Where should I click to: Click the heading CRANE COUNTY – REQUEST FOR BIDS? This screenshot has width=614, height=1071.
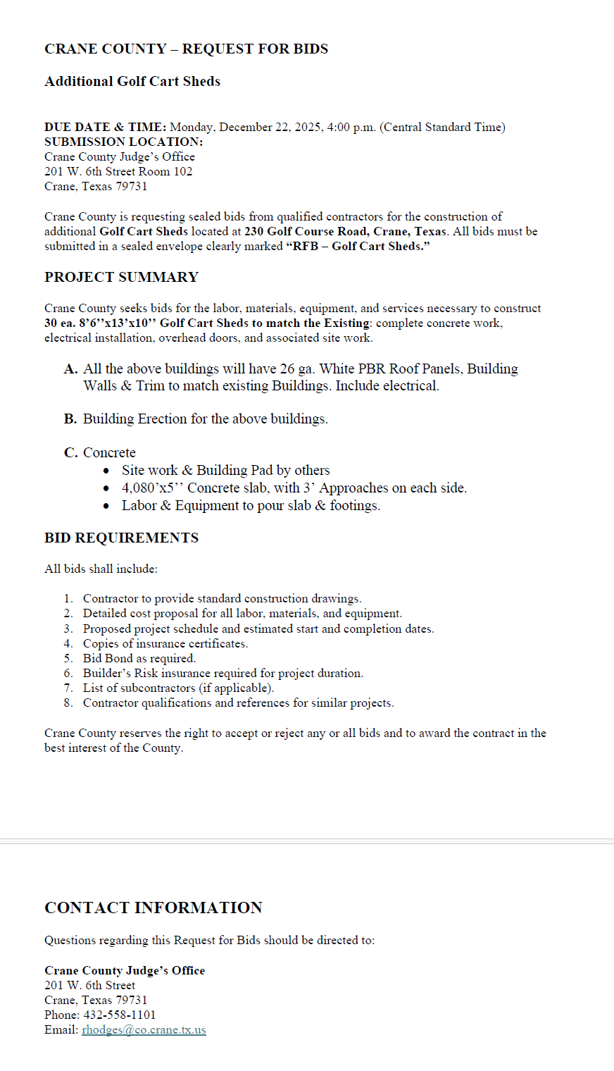[186, 49]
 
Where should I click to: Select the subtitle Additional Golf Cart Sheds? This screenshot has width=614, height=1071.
[132, 81]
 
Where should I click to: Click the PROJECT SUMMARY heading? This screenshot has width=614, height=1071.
[121, 277]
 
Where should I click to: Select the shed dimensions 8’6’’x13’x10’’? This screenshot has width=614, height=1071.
[116, 323]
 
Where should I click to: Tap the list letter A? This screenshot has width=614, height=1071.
[70, 369]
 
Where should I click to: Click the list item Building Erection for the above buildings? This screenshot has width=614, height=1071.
[205, 419]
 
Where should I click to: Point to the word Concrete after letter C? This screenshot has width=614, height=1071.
[109, 452]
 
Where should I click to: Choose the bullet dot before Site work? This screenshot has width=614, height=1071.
[106, 471]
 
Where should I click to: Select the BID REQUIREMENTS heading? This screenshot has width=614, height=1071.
[121, 538]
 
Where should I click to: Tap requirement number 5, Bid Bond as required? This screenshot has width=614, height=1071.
[139, 658]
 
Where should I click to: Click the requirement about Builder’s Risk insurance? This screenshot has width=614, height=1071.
[223, 673]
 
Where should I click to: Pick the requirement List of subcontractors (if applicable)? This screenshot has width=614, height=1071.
[178, 688]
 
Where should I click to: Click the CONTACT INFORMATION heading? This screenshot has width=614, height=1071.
[153, 908]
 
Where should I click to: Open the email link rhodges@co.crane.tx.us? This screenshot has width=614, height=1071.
[144, 1029]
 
